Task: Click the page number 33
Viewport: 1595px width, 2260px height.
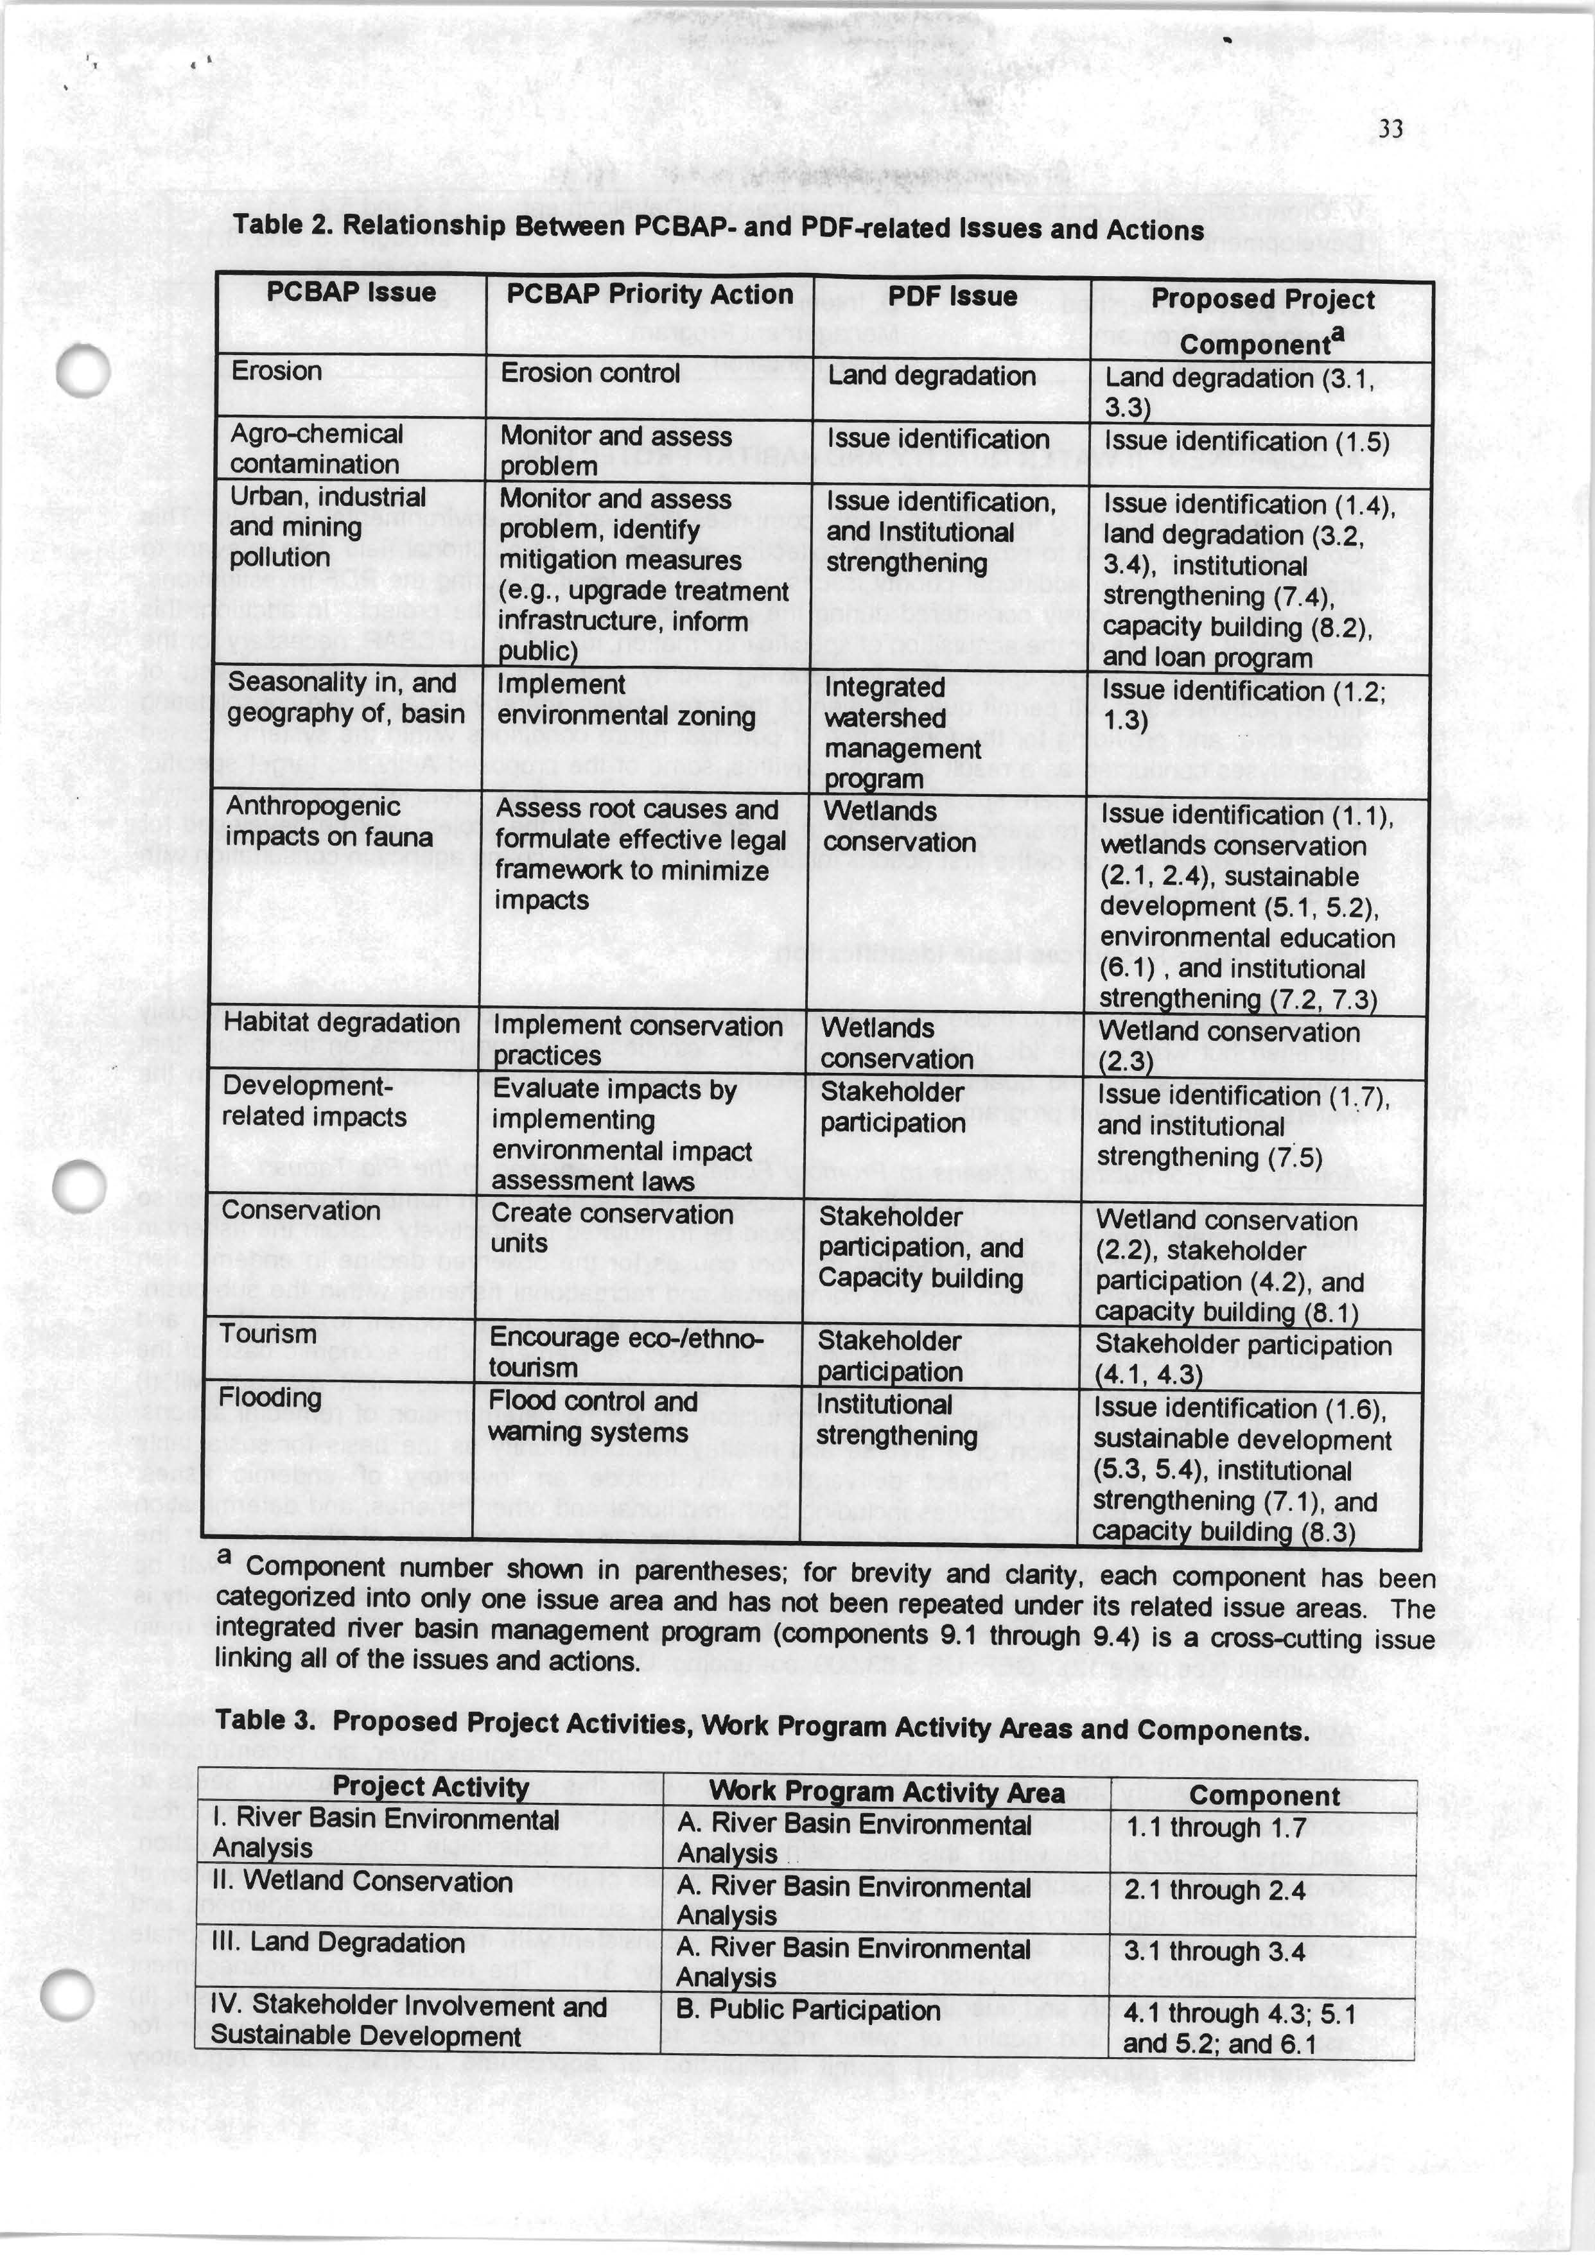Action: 1390,129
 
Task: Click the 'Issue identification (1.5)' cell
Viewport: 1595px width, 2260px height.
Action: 1246,442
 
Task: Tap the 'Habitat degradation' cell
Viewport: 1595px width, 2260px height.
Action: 341,1023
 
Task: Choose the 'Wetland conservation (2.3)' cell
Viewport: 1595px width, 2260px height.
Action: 1227,1047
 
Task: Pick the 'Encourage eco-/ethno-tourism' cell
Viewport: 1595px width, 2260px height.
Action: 625,1352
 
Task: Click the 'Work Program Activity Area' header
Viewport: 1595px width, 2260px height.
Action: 886,1793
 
